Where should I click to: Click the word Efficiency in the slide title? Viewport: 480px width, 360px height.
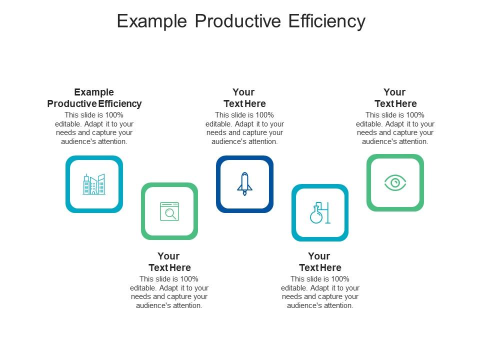pos(327,21)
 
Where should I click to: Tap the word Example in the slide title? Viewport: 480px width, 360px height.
pos(152,21)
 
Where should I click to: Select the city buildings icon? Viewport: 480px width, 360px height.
pos(94,184)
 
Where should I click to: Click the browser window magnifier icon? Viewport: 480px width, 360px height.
pos(169,211)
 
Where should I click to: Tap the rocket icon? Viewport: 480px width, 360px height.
pos(244,183)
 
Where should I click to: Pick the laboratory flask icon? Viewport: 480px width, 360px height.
pos(319,212)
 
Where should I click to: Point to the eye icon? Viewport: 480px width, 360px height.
pos(395,182)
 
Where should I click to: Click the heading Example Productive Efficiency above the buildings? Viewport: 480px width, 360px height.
pos(94,98)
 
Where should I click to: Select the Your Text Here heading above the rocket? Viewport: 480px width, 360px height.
pos(244,98)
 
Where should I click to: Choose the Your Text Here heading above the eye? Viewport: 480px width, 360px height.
pos(395,98)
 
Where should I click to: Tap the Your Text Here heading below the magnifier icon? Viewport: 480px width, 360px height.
pos(169,262)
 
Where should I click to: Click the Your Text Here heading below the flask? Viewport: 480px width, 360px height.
pos(319,262)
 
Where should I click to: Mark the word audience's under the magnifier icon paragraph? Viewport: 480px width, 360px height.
pos(152,305)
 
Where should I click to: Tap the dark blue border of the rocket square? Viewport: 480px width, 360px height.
pos(219,184)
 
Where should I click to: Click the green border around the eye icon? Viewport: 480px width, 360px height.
pos(369,182)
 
